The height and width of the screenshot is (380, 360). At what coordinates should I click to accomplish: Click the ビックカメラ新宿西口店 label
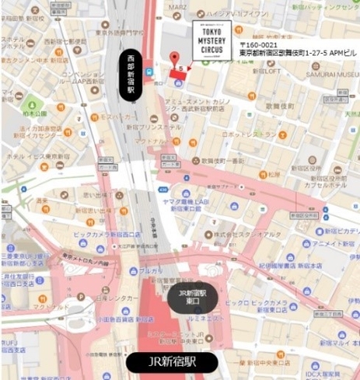coord(78,232)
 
